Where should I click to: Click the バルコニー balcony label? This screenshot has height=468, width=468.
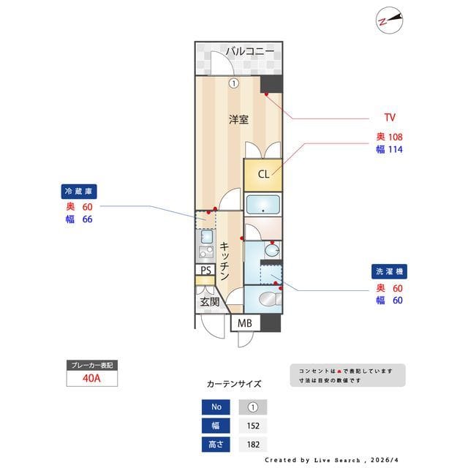[249, 51]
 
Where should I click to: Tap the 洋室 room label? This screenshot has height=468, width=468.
[238, 119]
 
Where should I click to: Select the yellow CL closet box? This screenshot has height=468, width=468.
[263, 174]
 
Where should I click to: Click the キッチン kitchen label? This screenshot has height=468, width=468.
[225, 262]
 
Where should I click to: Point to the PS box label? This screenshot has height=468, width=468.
[206, 270]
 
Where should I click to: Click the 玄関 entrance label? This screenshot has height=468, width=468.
[209, 301]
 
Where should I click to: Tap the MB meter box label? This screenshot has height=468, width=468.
[245, 322]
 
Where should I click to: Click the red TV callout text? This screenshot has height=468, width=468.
[390, 117]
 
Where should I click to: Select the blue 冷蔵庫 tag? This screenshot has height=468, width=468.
[79, 191]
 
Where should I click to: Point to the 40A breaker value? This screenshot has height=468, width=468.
[91, 380]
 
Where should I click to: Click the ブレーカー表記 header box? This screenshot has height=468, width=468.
[91, 364]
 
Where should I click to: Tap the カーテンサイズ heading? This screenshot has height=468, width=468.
[234, 384]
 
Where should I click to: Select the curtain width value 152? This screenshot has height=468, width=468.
[253, 426]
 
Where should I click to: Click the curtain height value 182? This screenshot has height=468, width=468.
[253, 444]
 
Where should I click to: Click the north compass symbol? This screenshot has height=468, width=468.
[389, 20]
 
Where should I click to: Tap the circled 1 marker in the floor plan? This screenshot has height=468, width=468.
[233, 83]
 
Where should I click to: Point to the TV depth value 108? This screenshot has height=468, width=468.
[396, 137]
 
